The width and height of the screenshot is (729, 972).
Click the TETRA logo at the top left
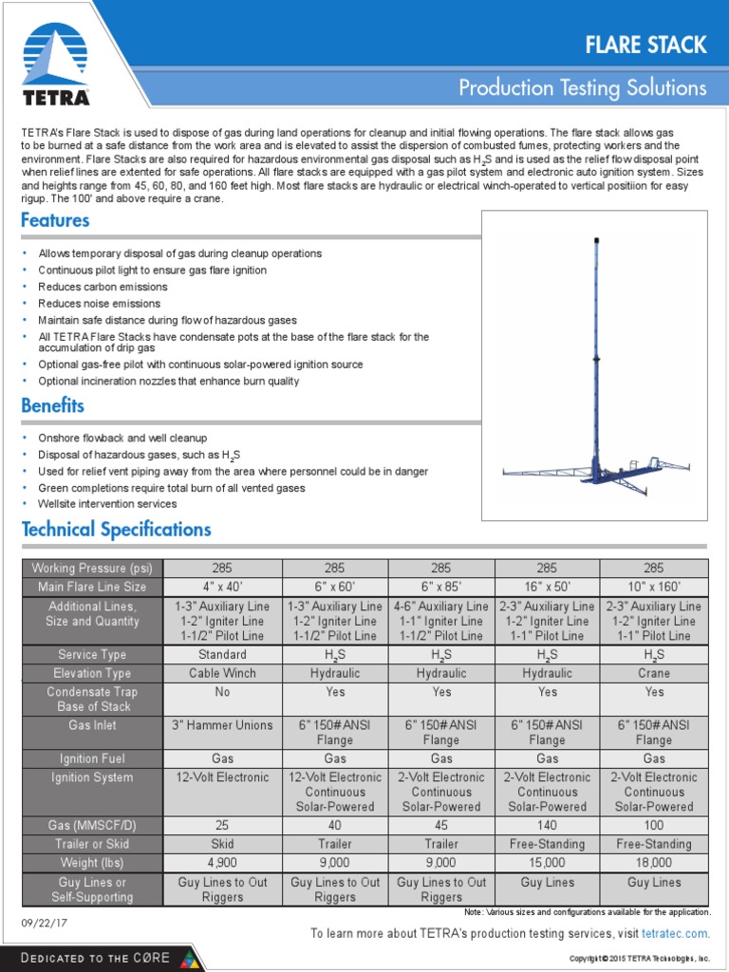click(x=56, y=64)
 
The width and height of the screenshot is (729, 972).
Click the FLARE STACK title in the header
click(x=645, y=44)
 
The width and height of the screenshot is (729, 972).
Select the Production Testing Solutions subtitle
click(x=582, y=88)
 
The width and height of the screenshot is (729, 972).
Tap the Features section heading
click(x=55, y=220)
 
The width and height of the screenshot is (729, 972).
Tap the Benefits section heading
click(x=52, y=405)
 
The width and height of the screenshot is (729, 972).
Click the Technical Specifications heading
click(x=116, y=529)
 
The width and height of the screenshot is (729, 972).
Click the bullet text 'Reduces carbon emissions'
click(x=103, y=287)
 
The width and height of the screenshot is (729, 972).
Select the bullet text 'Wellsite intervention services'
click(x=107, y=504)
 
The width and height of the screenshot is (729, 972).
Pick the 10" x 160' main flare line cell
click(x=654, y=587)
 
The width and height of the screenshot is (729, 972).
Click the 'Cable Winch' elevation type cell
click(x=223, y=673)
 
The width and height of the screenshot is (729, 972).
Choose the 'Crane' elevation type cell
click(x=654, y=673)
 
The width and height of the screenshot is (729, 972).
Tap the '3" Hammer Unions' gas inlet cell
click(x=223, y=725)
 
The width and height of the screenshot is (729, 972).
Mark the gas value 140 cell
click(x=548, y=825)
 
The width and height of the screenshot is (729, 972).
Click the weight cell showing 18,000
click(x=654, y=863)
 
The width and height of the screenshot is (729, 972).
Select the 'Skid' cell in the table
click(x=223, y=844)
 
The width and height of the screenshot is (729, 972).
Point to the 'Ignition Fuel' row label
click(x=93, y=758)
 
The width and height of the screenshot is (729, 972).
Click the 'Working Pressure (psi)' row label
click(x=93, y=568)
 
